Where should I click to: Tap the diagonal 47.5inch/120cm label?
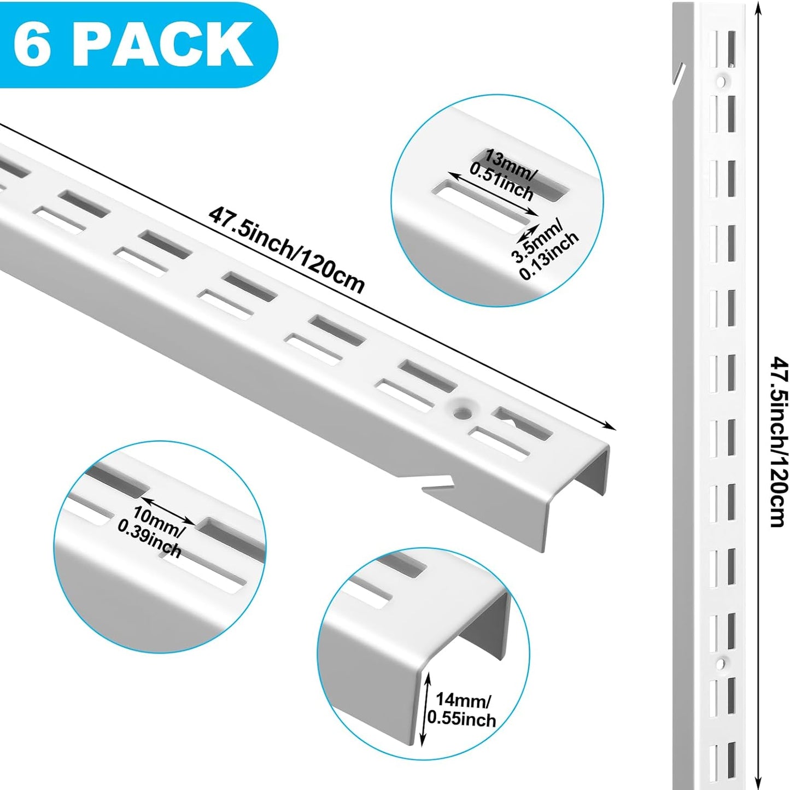coord(286,250)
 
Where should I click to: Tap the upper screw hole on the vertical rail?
coord(721,82)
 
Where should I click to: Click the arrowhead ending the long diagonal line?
coord(611,427)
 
